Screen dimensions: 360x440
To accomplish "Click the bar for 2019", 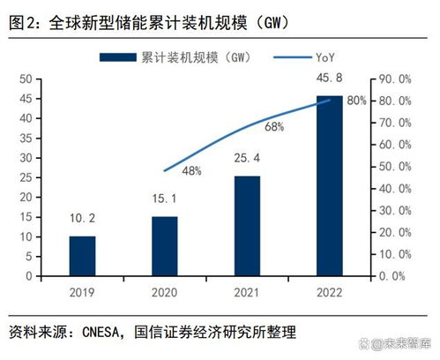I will pyautogui.click(x=82, y=256).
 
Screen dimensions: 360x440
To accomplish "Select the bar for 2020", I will pyautogui.click(x=165, y=246).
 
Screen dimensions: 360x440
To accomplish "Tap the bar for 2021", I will pyautogui.click(x=247, y=226).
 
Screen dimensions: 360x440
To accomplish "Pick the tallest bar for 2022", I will pyautogui.click(x=330, y=185).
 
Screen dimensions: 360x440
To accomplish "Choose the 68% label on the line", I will pyautogui.click(x=273, y=127).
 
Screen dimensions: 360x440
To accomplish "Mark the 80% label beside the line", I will pyautogui.click(x=356, y=101).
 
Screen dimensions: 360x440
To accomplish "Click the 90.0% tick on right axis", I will pyautogui.click(x=392, y=79).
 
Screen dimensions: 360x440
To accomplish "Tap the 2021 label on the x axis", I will pyautogui.click(x=247, y=292).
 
